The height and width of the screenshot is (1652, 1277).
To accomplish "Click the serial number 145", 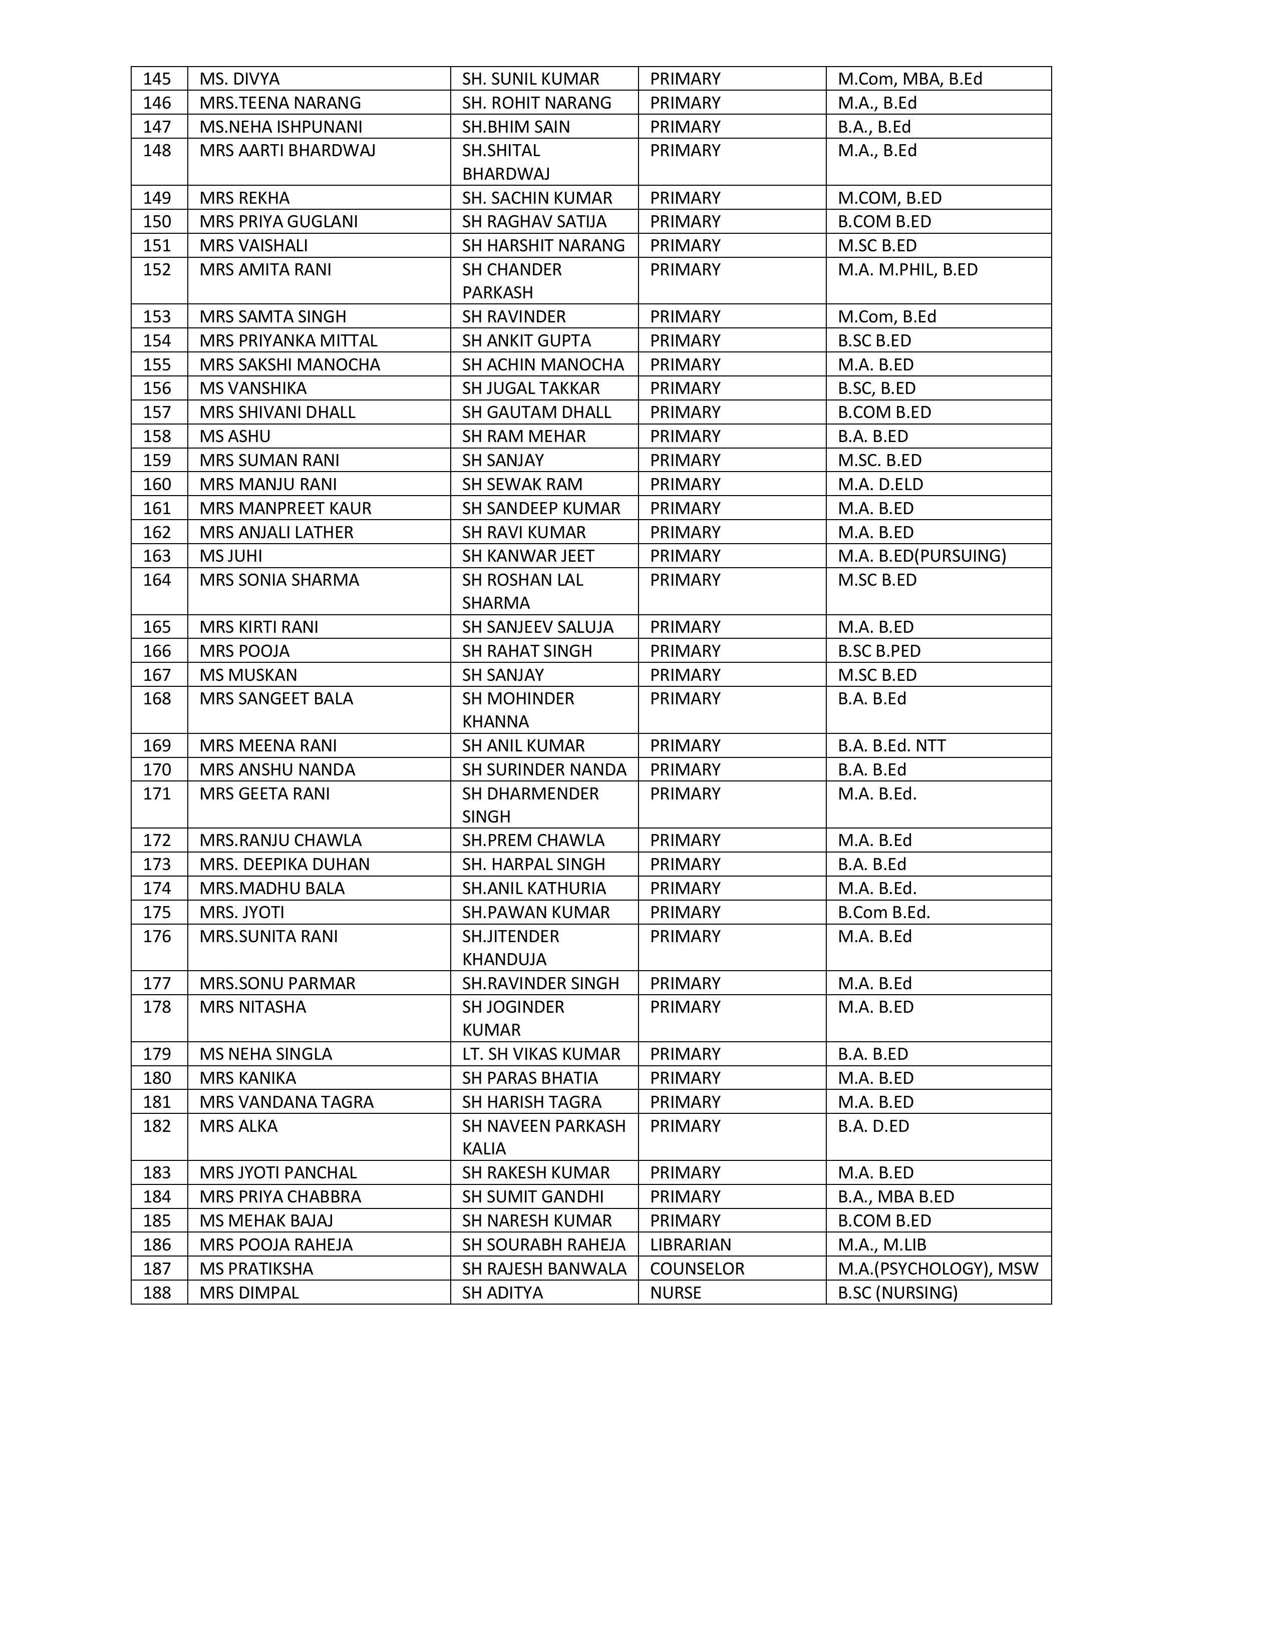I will tap(157, 79).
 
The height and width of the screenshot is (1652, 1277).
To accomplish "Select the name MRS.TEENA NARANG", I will tap(280, 103).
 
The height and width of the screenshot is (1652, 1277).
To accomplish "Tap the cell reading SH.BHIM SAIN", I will tap(516, 126).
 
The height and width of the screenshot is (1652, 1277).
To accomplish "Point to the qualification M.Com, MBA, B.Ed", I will tap(909, 79).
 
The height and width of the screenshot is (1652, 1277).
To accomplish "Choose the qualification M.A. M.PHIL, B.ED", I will tap(907, 269).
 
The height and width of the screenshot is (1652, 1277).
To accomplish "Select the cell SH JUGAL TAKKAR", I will tap(530, 388).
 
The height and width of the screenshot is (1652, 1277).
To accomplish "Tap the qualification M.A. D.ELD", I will tap(880, 484).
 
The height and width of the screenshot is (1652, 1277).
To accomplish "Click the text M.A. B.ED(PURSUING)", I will tap(921, 556).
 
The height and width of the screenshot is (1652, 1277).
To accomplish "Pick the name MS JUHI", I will tap(231, 556).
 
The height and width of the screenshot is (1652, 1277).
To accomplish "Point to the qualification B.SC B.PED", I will tap(879, 650).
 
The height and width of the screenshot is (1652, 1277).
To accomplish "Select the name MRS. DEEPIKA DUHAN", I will tap(284, 864).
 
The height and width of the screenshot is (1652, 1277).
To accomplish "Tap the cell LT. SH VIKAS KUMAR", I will tap(541, 1054).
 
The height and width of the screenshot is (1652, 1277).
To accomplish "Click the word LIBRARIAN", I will tap(690, 1245).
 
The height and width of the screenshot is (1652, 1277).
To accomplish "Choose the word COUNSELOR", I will tap(697, 1269).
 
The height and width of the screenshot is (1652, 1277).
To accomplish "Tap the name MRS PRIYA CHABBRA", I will tap(280, 1196).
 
